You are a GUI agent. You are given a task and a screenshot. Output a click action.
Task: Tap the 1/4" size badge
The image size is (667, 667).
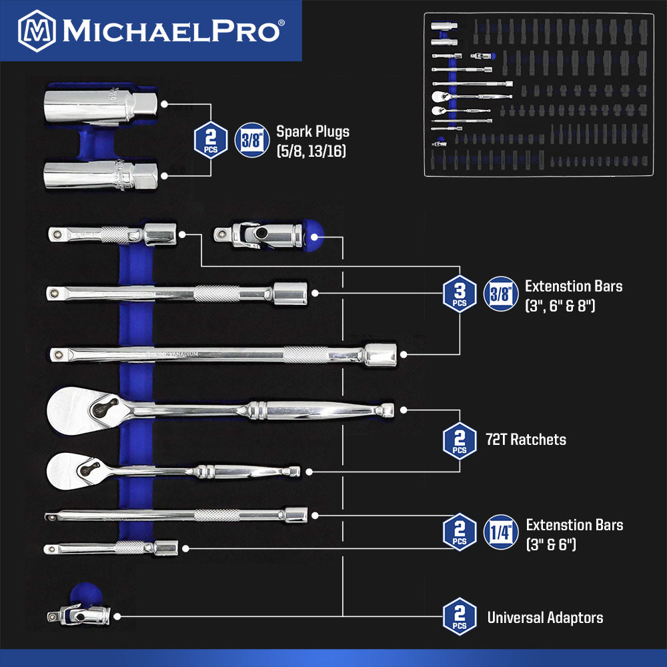point(500,533)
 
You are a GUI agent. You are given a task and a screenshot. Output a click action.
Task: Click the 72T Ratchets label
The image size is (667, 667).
point(527,440)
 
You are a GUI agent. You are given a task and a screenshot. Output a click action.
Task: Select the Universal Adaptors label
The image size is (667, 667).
point(545,618)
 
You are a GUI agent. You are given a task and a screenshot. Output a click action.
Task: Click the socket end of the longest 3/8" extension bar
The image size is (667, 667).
point(378,355)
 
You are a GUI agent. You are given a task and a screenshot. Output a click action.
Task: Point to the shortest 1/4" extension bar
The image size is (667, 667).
point(111,548)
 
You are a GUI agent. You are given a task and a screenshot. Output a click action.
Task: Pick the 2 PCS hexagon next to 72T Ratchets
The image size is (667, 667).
point(460,441)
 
